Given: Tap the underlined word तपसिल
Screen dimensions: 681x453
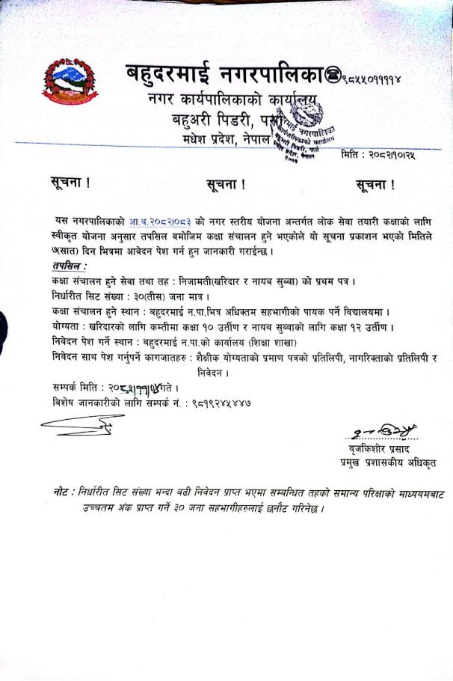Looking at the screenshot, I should tap(69, 266).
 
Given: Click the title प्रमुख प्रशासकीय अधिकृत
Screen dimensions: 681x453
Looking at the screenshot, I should tap(386, 464).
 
